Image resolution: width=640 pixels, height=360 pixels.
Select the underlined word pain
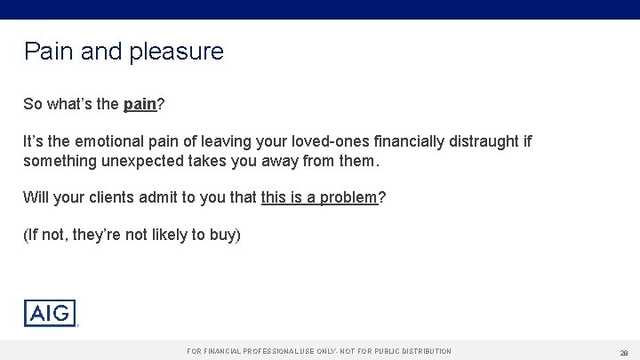140,104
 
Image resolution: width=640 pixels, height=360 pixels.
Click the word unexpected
161,162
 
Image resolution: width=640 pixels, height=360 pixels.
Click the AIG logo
50,313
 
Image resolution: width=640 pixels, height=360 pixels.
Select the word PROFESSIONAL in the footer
264,351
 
